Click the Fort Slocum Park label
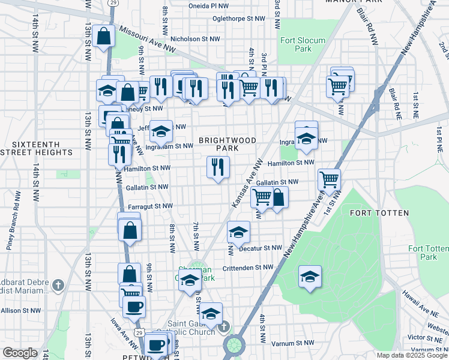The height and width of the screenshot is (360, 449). pyautogui.click(x=303, y=44)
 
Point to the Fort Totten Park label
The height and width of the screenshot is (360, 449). pyautogui.click(x=428, y=253)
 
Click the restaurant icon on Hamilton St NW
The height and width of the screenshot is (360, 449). pyautogui.click(x=218, y=167)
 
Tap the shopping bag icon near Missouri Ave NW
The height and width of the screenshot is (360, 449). pyautogui.click(x=103, y=35)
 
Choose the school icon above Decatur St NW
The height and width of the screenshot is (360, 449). pyautogui.click(x=238, y=232)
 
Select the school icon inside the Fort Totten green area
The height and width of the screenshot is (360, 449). pyautogui.click(x=310, y=276)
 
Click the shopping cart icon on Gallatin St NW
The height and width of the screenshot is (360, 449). pyautogui.click(x=329, y=179)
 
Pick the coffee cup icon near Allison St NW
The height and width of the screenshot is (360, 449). pyautogui.click(x=134, y=307)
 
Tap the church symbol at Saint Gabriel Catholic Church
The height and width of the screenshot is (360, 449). pyautogui.click(x=224, y=326)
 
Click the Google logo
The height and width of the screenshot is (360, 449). pyautogui.click(x=20, y=353)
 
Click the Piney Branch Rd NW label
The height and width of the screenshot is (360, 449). pyautogui.click(x=14, y=212)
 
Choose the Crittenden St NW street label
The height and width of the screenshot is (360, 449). pyautogui.click(x=252, y=268)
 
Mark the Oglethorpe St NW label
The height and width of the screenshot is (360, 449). pyautogui.click(x=238, y=18)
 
